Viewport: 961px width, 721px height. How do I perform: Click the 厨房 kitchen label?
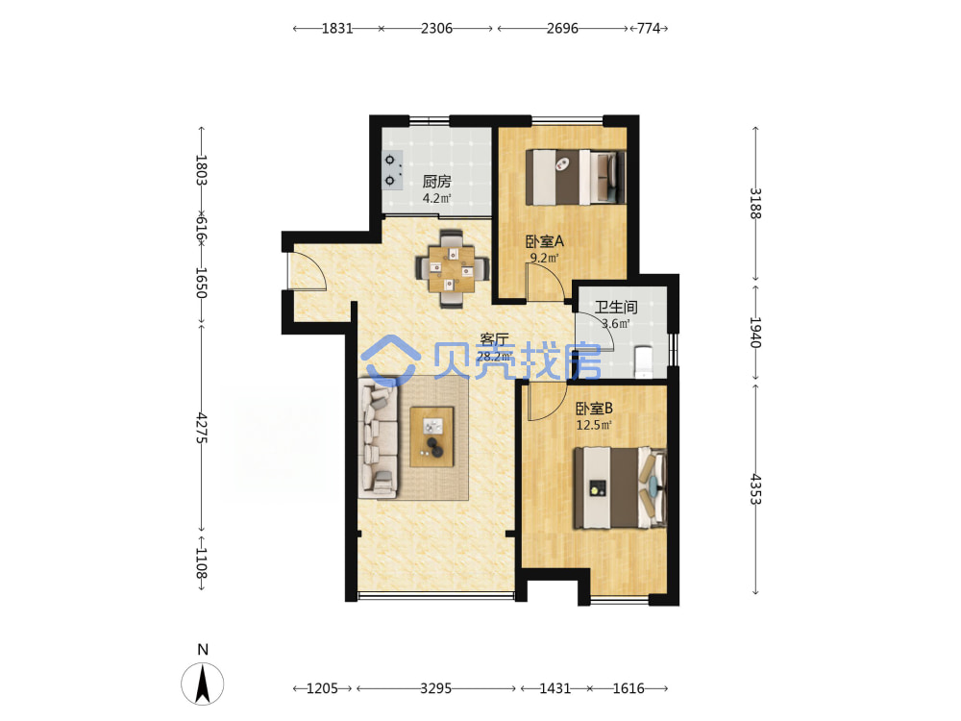tap(436, 182)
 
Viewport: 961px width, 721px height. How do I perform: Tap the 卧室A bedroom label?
tap(544, 241)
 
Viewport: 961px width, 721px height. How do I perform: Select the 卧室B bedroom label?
tap(594, 409)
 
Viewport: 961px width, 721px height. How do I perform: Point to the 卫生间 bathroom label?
tap(616, 307)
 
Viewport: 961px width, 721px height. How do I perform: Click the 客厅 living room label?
tap(494, 339)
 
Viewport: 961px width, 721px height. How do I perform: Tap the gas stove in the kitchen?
tap(392, 170)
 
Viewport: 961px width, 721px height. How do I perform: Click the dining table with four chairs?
tap(453, 268)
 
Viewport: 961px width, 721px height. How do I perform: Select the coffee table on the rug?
tap(432, 437)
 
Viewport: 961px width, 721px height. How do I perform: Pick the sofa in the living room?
tap(378, 435)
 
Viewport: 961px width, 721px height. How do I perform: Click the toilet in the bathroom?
tap(644, 362)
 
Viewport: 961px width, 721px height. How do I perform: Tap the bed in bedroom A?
tap(576, 177)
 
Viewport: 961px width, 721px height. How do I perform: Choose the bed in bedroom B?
tap(620, 488)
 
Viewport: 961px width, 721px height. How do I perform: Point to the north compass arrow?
tap(203, 683)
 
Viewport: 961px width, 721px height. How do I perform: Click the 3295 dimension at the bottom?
tap(435, 688)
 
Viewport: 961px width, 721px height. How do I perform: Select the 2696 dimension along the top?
tap(562, 28)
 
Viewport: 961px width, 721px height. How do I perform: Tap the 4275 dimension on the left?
tap(202, 429)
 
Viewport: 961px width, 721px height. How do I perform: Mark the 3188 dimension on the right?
tap(755, 204)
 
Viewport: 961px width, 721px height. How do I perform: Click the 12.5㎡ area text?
tap(594, 425)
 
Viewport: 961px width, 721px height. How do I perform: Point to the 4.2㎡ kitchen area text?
tap(436, 199)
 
